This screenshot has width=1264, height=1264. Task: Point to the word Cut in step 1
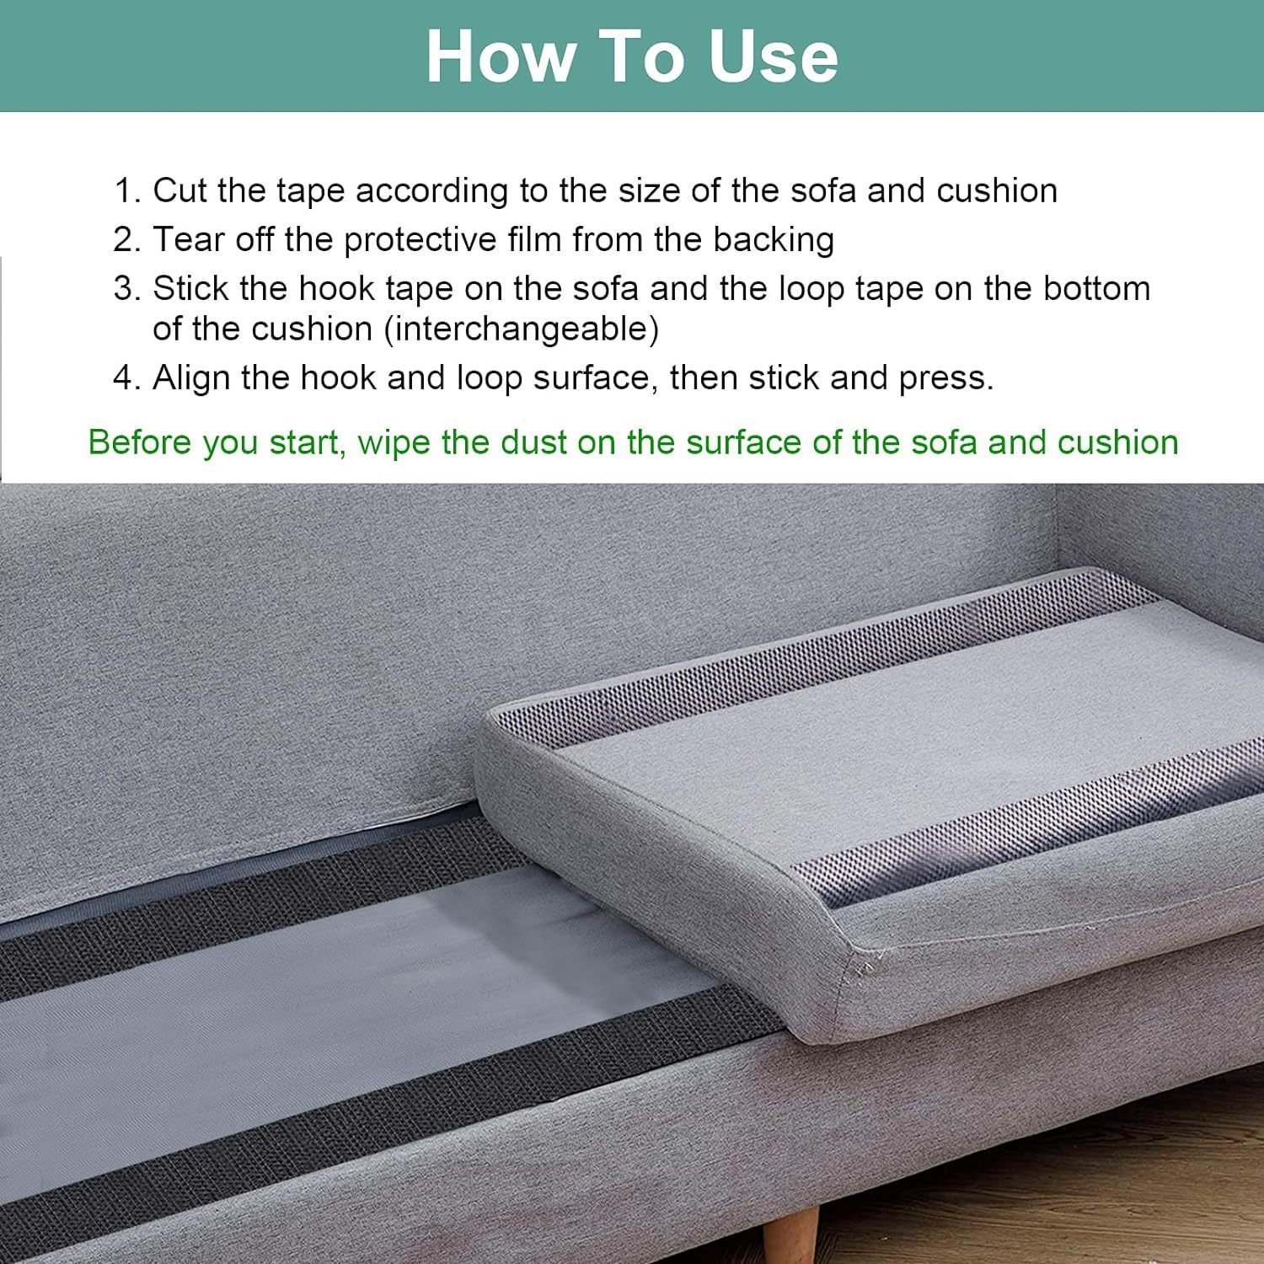point(179,191)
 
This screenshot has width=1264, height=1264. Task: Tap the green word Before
point(140,443)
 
